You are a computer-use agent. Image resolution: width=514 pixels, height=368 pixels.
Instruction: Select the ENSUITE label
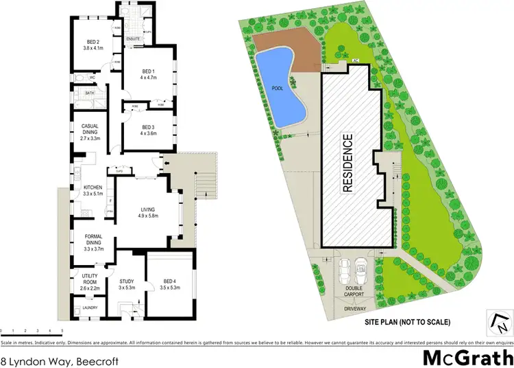click(x=133, y=39)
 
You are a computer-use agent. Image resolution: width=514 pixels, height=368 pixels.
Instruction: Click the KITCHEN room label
click(x=93, y=187)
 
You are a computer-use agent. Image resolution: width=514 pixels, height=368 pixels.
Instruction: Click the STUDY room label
click(x=126, y=281)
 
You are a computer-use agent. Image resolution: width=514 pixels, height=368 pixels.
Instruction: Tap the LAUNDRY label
click(x=90, y=307)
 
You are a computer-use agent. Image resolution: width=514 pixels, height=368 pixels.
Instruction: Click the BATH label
click(x=90, y=93)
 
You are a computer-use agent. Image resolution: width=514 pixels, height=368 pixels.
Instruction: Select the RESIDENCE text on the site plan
click(x=348, y=162)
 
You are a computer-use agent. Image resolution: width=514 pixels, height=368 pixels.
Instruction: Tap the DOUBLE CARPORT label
click(x=354, y=292)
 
